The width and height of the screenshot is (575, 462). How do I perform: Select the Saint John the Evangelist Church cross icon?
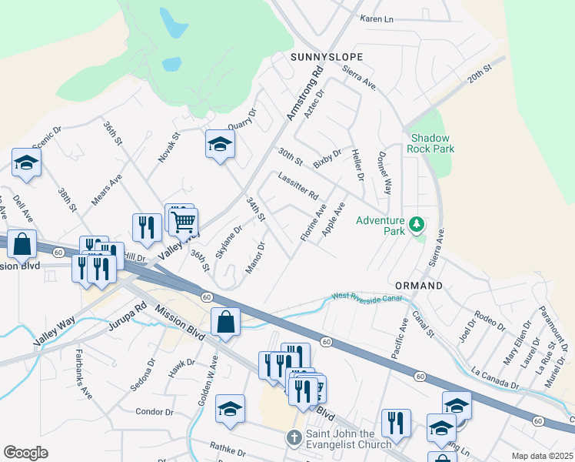(293, 438)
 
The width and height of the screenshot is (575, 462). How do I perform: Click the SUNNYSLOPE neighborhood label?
(327, 57)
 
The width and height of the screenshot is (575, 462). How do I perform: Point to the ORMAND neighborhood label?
(419, 286)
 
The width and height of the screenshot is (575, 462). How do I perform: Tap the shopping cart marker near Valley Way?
(184, 223)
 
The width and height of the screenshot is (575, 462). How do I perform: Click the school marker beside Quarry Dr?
(220, 144)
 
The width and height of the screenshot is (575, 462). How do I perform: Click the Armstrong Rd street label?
(304, 95)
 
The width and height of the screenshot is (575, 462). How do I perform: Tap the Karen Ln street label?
(376, 18)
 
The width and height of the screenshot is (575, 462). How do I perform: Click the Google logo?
(25, 452)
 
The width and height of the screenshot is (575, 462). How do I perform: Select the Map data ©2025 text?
(543, 456)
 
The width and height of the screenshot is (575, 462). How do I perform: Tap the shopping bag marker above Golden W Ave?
(226, 322)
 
